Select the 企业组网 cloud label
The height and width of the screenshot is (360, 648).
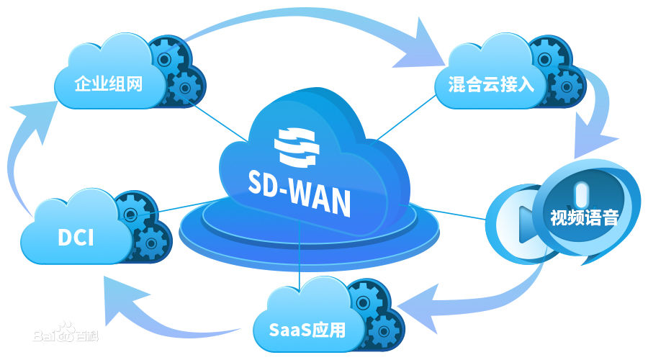pyautogui.click(x=109, y=84)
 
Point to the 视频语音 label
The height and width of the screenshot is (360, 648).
pyautogui.click(x=584, y=217)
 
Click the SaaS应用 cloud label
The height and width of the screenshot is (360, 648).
pyautogui.click(x=307, y=330)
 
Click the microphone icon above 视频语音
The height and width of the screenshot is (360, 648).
pyautogui.click(x=582, y=190)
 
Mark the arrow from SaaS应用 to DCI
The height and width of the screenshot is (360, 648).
pyautogui.click(x=166, y=317)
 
